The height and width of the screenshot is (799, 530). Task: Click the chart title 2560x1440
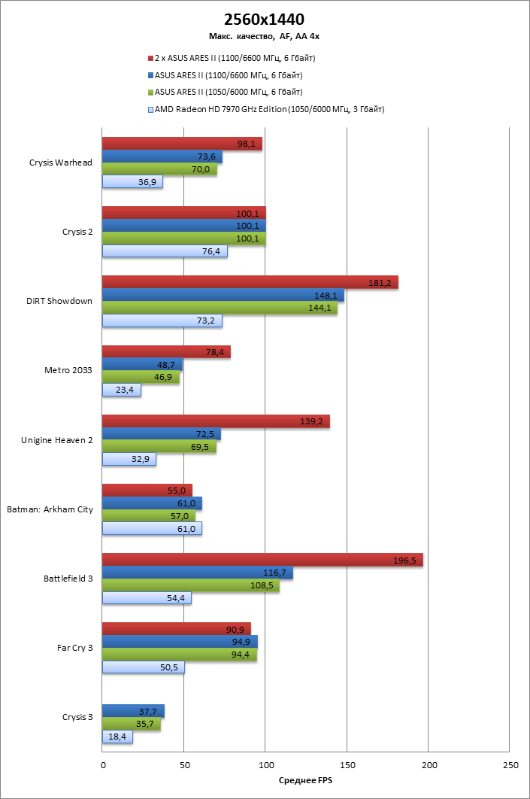(265, 19)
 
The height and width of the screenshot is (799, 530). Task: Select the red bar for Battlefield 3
(262, 560)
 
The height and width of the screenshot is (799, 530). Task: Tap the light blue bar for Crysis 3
(117, 737)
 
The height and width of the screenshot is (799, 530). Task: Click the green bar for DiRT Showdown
(220, 308)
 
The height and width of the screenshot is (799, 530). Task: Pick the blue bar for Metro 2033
(142, 364)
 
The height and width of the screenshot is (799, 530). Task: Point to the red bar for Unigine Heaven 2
(216, 421)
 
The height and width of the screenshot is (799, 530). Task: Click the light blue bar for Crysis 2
(165, 251)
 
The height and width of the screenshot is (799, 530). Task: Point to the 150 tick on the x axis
(347, 764)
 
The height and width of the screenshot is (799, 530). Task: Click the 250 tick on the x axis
(509, 764)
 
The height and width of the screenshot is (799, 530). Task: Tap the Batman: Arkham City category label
(50, 509)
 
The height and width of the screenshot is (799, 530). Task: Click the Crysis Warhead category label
(61, 163)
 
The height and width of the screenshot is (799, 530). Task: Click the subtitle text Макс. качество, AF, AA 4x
(265, 35)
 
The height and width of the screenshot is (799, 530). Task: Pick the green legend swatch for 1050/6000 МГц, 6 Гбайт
(151, 93)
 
